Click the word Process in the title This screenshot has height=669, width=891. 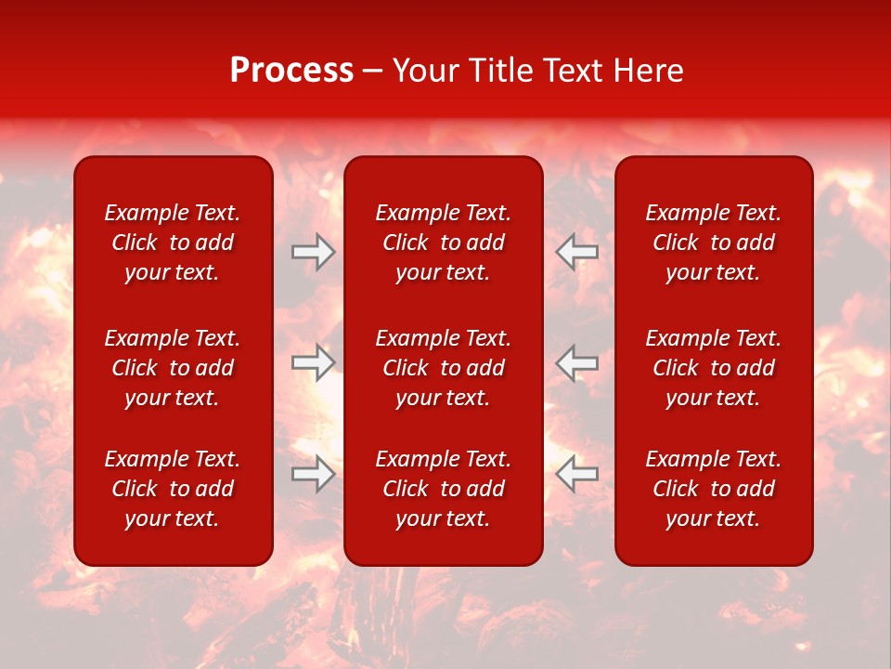(291, 71)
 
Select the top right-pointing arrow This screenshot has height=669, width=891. (313, 251)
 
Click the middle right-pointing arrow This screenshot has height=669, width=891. (313, 362)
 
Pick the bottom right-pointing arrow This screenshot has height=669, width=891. (313, 474)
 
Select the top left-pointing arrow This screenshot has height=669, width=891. (577, 251)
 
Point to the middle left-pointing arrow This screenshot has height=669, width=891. (577, 362)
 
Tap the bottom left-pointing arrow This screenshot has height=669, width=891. (577, 474)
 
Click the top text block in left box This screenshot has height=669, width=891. (173, 243)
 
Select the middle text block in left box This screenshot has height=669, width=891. (173, 368)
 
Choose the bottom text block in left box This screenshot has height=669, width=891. (173, 489)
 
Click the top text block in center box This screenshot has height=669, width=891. (443, 243)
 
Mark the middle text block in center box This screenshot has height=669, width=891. (443, 368)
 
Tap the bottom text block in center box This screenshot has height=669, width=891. (443, 489)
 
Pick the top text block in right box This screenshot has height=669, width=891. (713, 243)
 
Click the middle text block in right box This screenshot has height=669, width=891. (713, 368)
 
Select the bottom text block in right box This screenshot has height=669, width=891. (713, 489)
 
